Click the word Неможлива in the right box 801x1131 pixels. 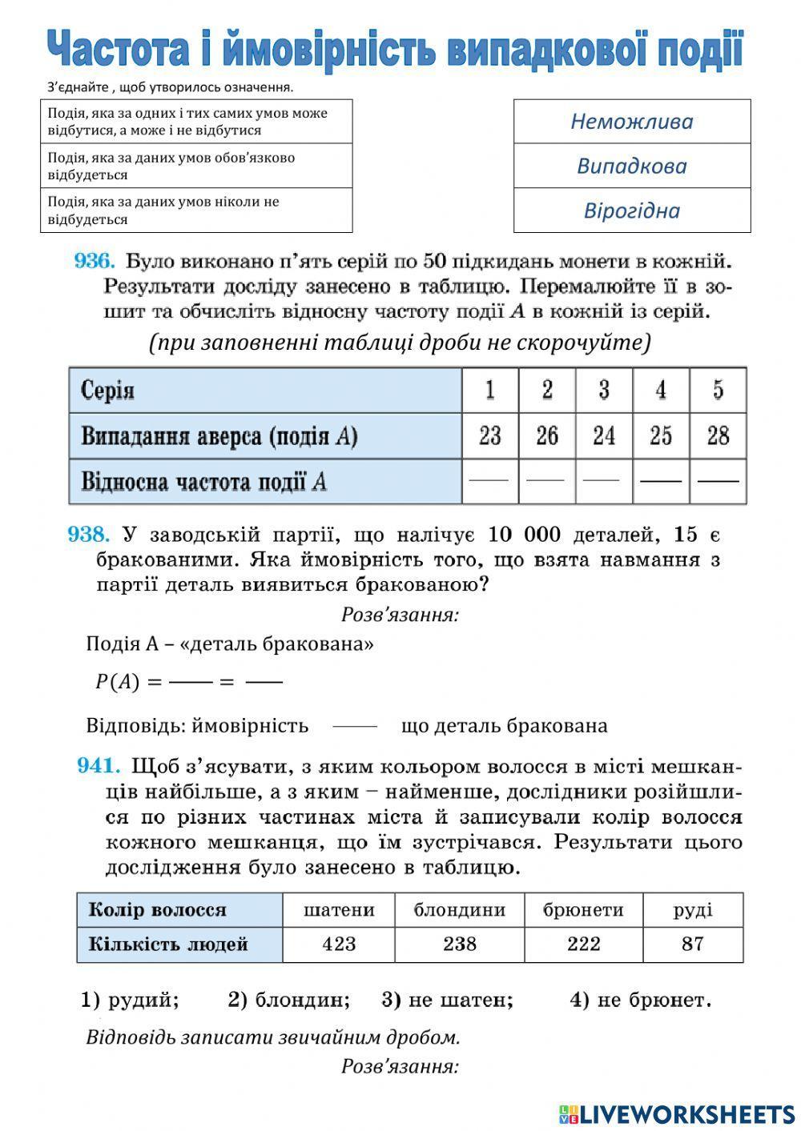631,122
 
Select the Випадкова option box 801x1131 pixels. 631,166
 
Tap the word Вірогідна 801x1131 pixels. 631,211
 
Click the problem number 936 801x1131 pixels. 95,261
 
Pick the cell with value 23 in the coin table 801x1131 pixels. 489,436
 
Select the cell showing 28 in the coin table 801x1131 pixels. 718,436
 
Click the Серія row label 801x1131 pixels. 108,391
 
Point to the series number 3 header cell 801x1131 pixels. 603,391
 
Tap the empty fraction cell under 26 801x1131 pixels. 546,481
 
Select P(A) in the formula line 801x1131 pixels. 117,682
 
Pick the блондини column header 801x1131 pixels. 459,910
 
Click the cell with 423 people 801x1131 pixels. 339,945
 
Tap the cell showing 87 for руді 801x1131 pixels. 692,945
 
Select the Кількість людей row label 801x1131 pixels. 168,945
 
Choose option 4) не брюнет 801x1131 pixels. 640,1000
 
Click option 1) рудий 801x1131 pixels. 130,1000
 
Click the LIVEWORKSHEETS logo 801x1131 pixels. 677,1113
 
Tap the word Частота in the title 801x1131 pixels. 119,50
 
